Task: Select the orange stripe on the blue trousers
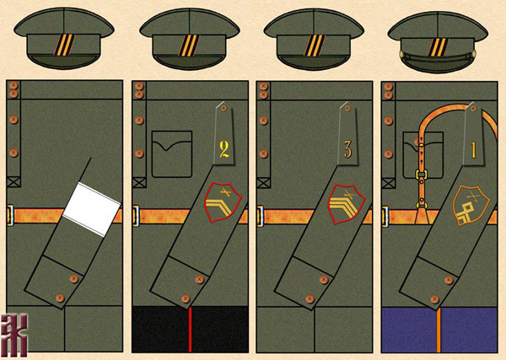coord(439,329)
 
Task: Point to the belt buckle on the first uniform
coord(9,213)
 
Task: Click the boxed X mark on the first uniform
coord(13,180)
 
